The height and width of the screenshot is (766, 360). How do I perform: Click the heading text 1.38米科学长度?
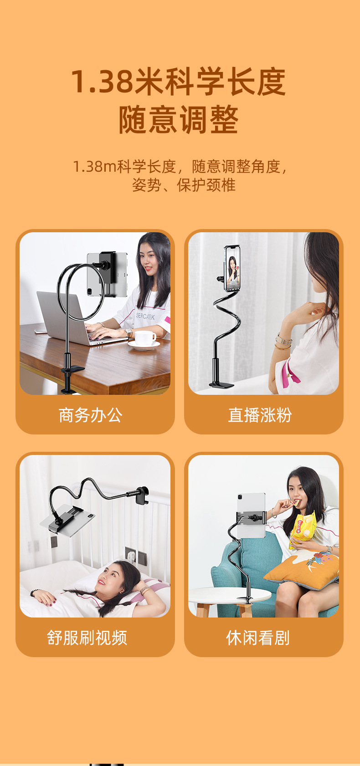[x=178, y=82]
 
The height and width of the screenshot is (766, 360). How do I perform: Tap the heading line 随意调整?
[x=178, y=119]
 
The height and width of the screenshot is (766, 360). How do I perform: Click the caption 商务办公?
[x=90, y=415]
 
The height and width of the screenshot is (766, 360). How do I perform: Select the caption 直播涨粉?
[x=260, y=415]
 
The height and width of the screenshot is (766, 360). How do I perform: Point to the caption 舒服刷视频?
[x=87, y=638]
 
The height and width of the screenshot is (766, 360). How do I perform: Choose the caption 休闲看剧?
[x=257, y=638]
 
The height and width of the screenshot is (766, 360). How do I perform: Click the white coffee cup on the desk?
[x=145, y=338]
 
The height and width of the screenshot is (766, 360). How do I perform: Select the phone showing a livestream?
[x=232, y=268]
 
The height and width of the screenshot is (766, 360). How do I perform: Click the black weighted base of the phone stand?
[x=221, y=384]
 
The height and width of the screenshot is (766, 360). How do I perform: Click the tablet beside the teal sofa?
[x=252, y=515]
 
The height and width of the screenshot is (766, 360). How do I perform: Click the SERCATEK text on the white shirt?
[x=145, y=317]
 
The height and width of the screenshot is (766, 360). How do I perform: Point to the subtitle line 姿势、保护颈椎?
[x=184, y=185]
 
